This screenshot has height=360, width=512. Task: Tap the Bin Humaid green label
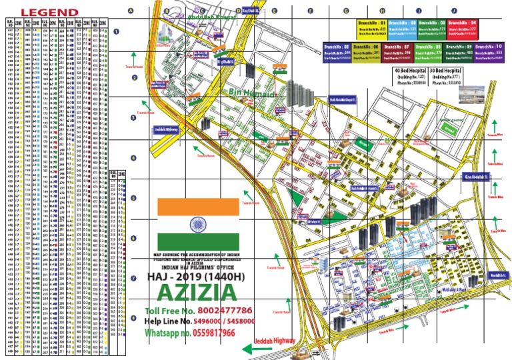(x=252, y=94)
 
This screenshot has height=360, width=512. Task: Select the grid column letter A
(x=131, y=11)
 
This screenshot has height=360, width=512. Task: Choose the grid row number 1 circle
(x=117, y=31)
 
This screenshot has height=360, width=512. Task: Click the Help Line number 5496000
(x=213, y=321)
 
